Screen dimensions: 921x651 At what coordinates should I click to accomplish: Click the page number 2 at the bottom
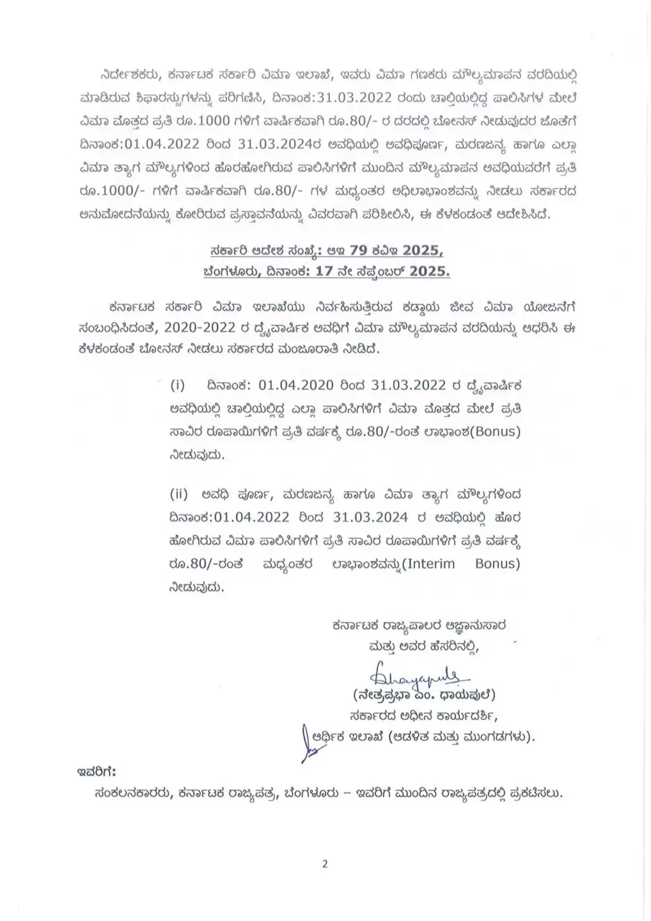click(325, 864)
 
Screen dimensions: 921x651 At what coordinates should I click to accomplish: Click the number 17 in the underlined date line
click(324, 271)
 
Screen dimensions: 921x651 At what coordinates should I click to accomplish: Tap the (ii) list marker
click(178, 495)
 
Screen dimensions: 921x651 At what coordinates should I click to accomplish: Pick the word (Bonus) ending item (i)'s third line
click(491, 432)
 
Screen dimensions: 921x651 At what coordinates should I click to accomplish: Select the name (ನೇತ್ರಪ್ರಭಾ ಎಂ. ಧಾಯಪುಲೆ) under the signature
click(424, 695)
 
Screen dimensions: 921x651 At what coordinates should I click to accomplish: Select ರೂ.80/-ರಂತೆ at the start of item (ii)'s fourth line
click(206, 564)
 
